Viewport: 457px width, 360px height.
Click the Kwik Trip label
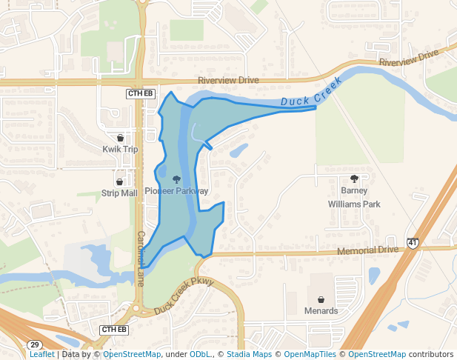click(x=120, y=149)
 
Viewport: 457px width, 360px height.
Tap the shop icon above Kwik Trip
click(x=120, y=138)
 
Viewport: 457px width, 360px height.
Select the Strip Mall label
click(x=119, y=193)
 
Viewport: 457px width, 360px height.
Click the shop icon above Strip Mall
click(x=119, y=181)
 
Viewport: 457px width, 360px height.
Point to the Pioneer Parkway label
click(x=176, y=190)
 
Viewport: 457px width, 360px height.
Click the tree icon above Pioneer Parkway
click(x=176, y=179)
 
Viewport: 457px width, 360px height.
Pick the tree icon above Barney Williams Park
click(x=354, y=179)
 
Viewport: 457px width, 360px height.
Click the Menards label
click(x=321, y=310)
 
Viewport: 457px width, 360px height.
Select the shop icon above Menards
click(x=321, y=299)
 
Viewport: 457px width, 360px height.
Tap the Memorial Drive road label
click(x=367, y=251)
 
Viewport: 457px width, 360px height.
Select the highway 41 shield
click(x=413, y=242)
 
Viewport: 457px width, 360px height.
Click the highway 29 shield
click(x=34, y=345)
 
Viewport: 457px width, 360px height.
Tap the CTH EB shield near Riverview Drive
click(x=140, y=93)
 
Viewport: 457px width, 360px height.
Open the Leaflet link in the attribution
click(x=41, y=354)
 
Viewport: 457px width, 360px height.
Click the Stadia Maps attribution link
click(x=249, y=354)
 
